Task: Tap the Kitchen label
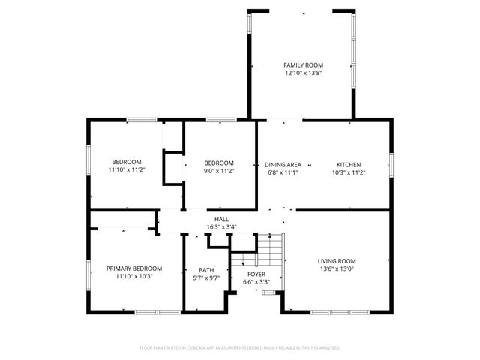tap(348, 164)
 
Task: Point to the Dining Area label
tap(283, 164)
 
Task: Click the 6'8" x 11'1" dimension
tap(283, 172)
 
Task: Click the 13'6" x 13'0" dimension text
tap(337, 269)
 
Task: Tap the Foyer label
tap(256, 274)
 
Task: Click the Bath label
tap(206, 270)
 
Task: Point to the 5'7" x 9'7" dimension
tap(206, 278)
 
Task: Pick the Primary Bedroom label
tap(134, 268)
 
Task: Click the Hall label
tap(222, 219)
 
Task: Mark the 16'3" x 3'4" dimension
tap(222, 226)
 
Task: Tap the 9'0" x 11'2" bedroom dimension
tap(220, 171)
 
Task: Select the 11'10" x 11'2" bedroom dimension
tap(127, 170)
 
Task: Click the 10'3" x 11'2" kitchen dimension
tap(348, 172)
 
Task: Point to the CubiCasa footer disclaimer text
tap(240, 347)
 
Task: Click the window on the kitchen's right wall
tap(391, 164)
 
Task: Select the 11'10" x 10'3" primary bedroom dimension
tap(134, 276)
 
